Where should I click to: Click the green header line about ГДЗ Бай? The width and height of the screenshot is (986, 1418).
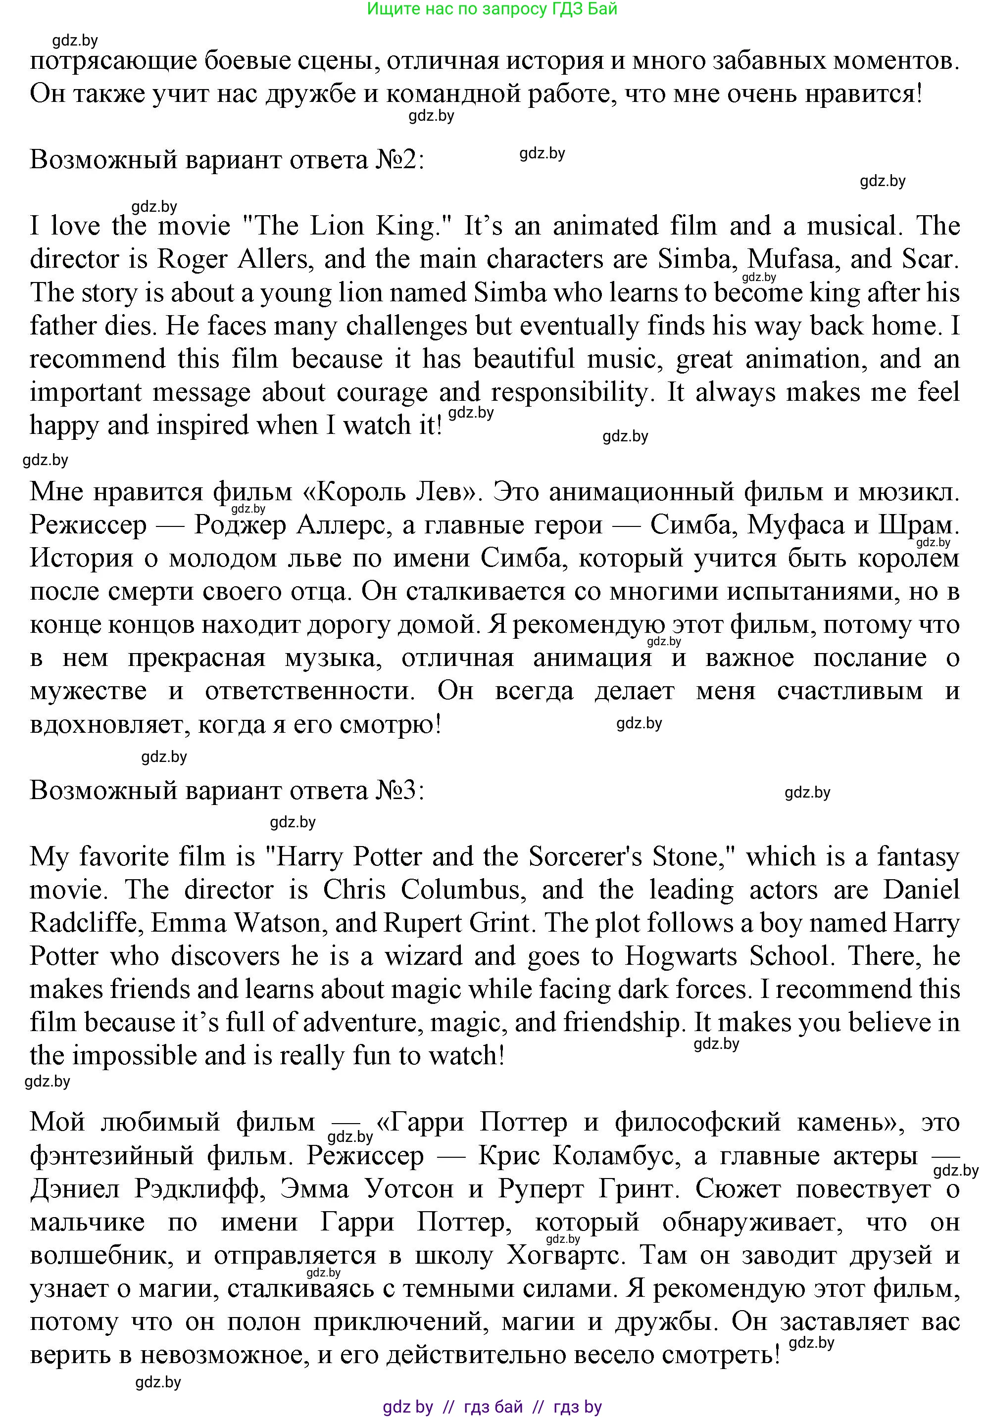pos(492,8)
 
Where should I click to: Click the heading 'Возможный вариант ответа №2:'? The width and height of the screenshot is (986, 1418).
pos(227,160)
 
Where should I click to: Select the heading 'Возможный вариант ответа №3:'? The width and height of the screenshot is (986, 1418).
pos(227,791)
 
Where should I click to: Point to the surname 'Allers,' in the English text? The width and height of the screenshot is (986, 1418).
pos(273,259)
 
